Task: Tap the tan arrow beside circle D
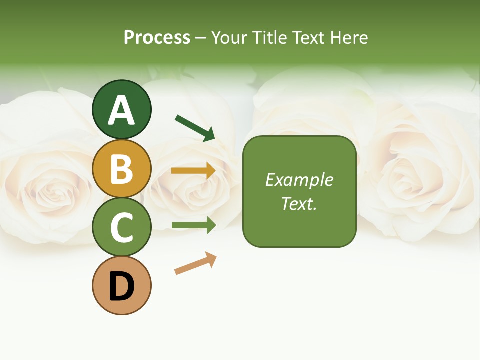195,264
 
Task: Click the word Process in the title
157,38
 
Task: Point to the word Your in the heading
230,38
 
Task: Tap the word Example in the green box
299,180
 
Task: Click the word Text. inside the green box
299,203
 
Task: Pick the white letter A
121,111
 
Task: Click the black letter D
121,287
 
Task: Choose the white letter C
121,227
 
